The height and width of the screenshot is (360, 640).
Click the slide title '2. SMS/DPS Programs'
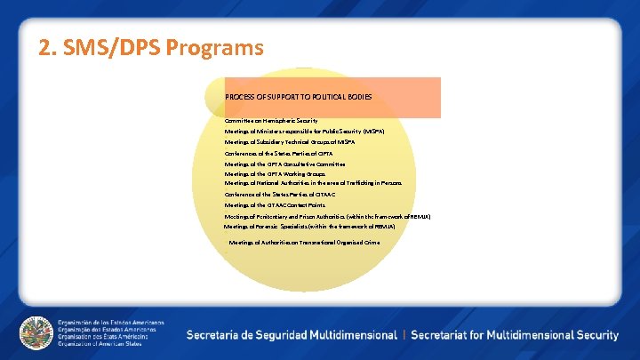click(x=151, y=47)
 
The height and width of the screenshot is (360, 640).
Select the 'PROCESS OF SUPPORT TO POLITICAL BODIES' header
click(x=298, y=96)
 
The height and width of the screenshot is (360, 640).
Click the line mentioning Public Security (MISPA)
click(x=304, y=131)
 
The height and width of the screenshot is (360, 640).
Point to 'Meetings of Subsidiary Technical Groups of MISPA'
click(x=289, y=142)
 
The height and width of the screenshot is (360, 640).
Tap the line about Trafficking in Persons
click(x=313, y=183)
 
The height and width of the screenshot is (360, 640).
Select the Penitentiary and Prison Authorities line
click(x=327, y=216)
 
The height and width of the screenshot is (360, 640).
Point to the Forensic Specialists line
click(x=309, y=227)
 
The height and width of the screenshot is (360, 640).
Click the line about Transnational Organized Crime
click(x=304, y=242)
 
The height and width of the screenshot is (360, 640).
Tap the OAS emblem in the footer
click(x=36, y=333)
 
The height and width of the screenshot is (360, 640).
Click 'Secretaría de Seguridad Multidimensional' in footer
click(x=292, y=335)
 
